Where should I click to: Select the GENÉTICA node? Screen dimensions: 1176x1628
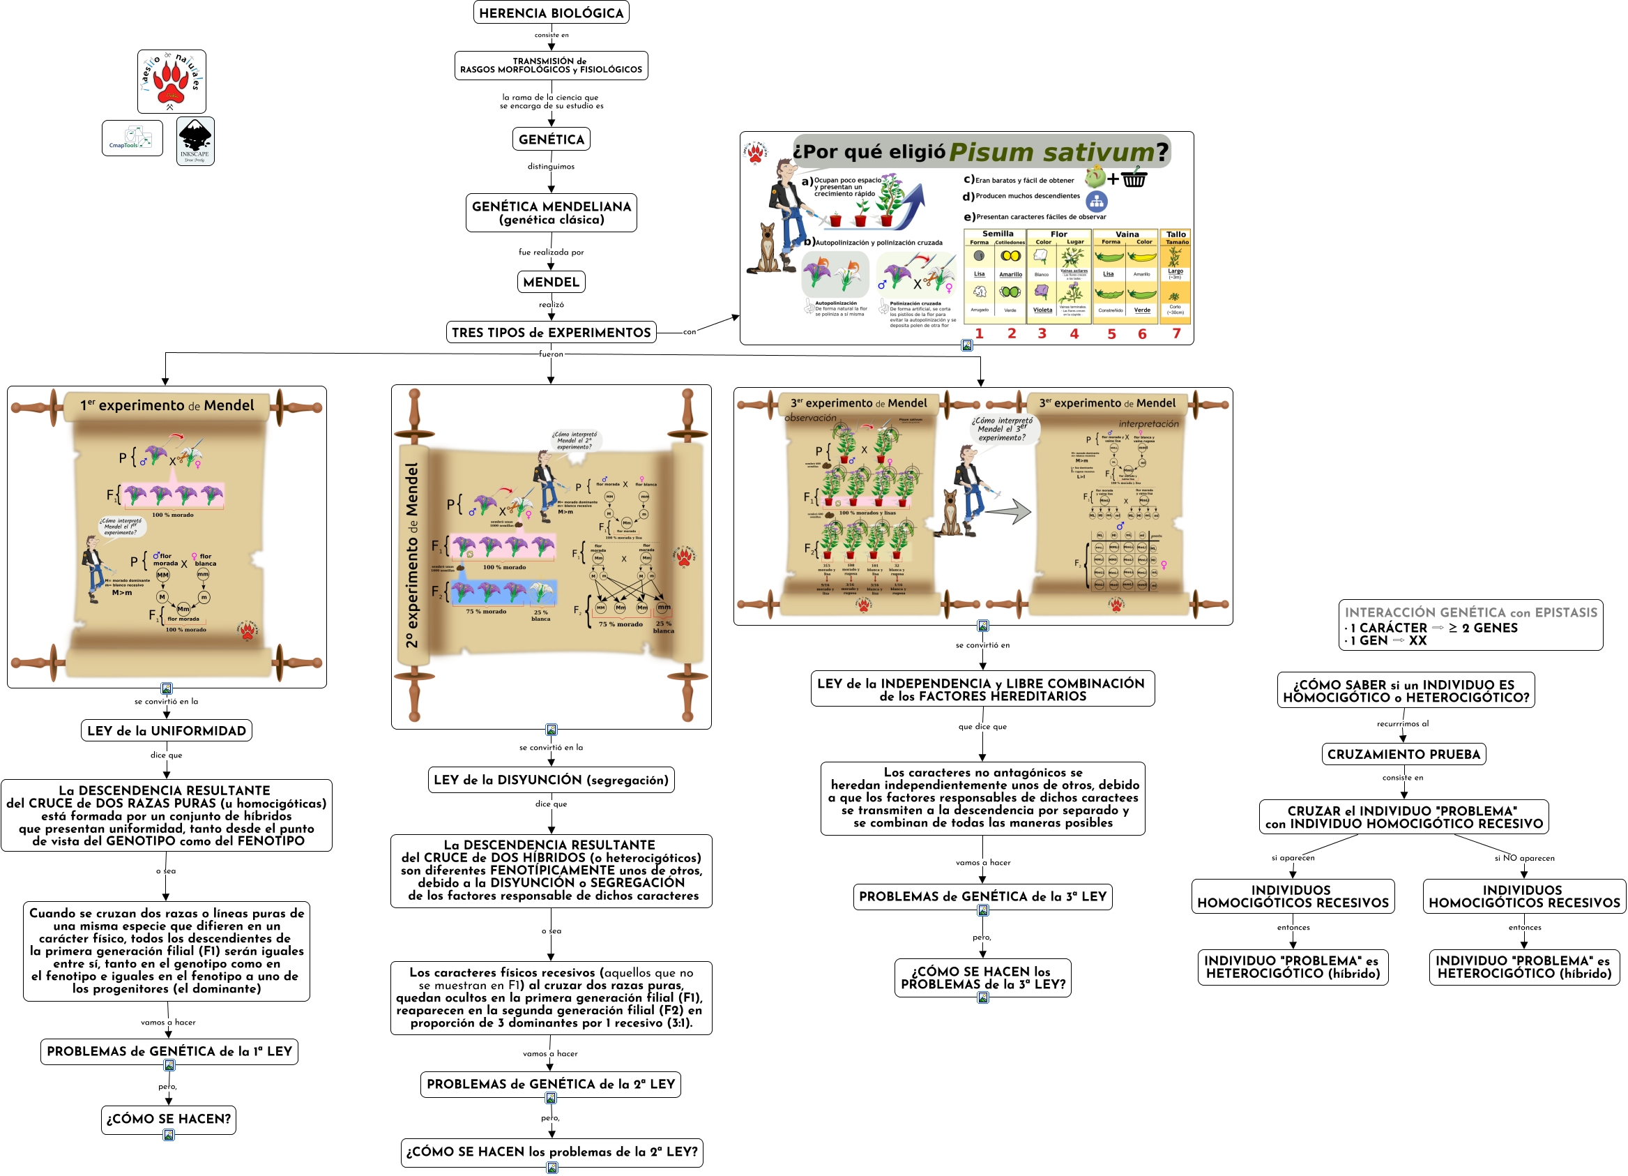click(551, 140)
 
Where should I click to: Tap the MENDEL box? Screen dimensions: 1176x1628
click(551, 282)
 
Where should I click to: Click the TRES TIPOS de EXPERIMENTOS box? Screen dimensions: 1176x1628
click(551, 333)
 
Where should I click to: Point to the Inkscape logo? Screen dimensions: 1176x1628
click(195, 141)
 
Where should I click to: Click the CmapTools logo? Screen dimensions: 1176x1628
click(132, 138)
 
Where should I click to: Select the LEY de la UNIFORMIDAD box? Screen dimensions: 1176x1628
click(167, 731)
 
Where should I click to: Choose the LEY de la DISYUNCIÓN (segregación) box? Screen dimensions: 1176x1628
click(551, 780)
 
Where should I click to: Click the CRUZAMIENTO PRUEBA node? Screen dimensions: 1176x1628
click(1403, 754)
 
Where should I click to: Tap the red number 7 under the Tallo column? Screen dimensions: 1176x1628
click(1176, 333)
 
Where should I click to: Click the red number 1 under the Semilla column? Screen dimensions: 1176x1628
click(979, 333)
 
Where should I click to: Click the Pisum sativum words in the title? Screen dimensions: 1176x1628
click(1051, 151)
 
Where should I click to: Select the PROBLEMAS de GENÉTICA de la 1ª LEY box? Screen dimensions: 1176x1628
click(169, 1051)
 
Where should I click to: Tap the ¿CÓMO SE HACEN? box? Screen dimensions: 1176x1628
click(169, 1119)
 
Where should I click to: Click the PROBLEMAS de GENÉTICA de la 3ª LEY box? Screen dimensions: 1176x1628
click(982, 896)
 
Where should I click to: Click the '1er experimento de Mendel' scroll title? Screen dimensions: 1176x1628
click(167, 405)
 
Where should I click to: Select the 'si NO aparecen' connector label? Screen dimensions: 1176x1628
click(1524, 858)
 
